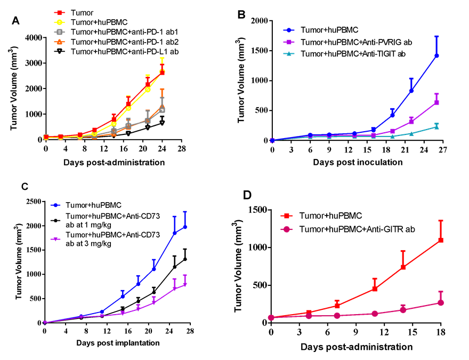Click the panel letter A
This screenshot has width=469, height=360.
pyautogui.click(x=17, y=21)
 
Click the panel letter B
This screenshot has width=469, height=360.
pyautogui.click(x=241, y=15)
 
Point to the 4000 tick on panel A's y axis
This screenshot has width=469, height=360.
pyautogui.click(x=34, y=37)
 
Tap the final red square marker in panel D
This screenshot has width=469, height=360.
pyautogui.click(x=441, y=240)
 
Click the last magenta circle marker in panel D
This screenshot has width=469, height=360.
pyautogui.click(x=441, y=302)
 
